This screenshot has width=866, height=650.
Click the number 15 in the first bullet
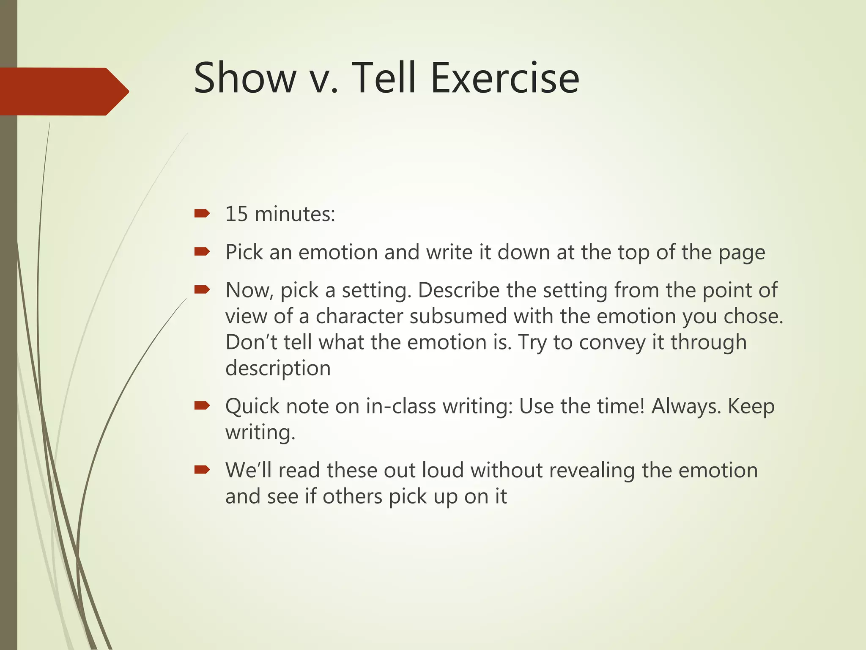[236, 214]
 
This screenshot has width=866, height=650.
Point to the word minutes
[295, 214]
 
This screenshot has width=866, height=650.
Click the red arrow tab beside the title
[63, 91]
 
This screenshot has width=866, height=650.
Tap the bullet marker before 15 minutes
[202, 213]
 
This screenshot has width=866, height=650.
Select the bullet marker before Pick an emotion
[202, 252]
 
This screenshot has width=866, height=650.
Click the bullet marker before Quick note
[202, 406]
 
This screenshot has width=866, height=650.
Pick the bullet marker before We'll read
[202, 470]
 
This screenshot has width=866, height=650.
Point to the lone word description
[278, 368]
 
